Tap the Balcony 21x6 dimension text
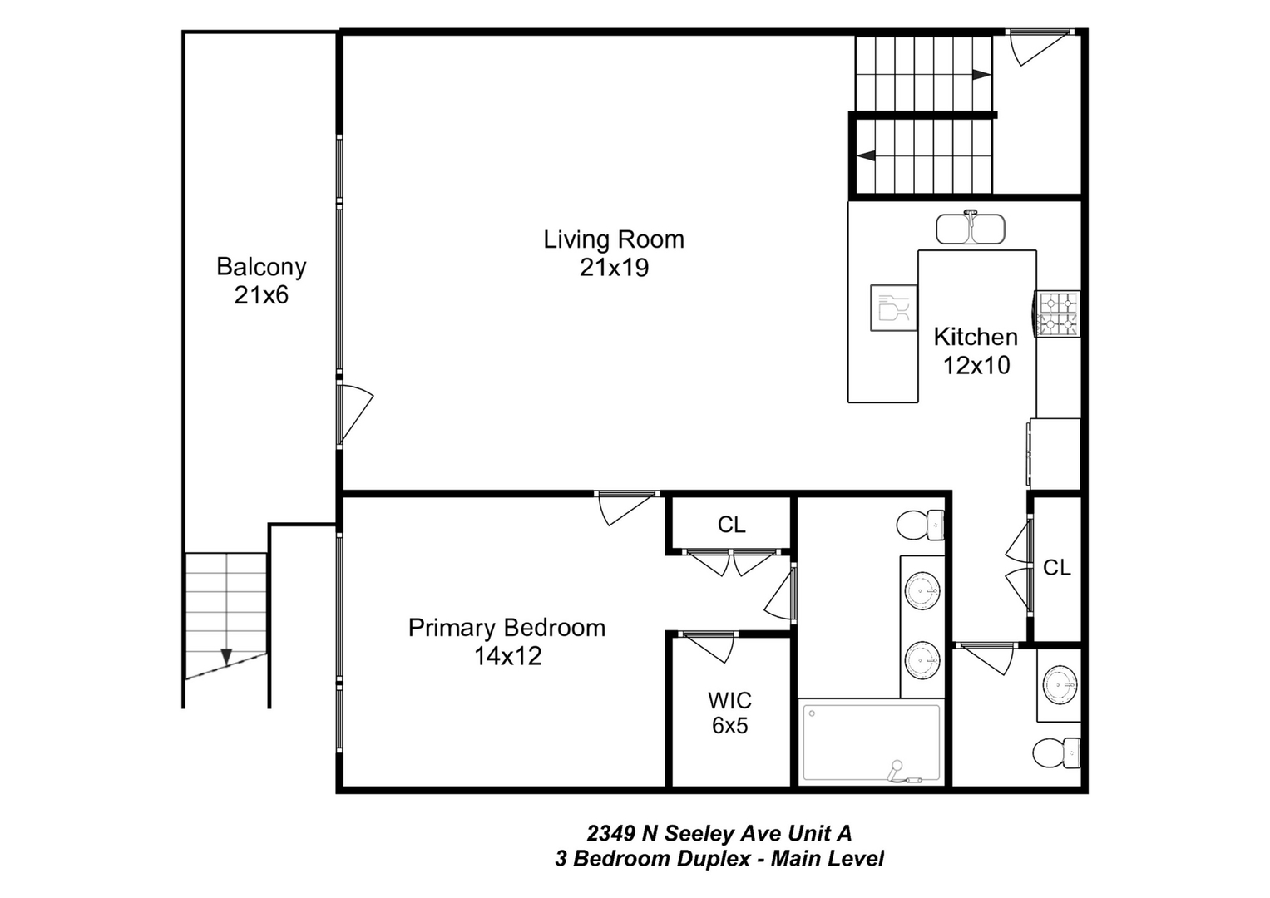(x=261, y=295)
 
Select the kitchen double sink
(x=970, y=228)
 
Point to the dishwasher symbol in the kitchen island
(x=894, y=308)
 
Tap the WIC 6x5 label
(x=729, y=713)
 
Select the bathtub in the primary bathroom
(x=872, y=743)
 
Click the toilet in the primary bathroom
(x=920, y=525)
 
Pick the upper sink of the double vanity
(x=922, y=590)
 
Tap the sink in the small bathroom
(x=1060, y=685)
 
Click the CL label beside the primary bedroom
(x=731, y=525)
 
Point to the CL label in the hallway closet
(x=1057, y=567)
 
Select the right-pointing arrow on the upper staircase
(x=981, y=75)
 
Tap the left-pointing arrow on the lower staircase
(x=867, y=155)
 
